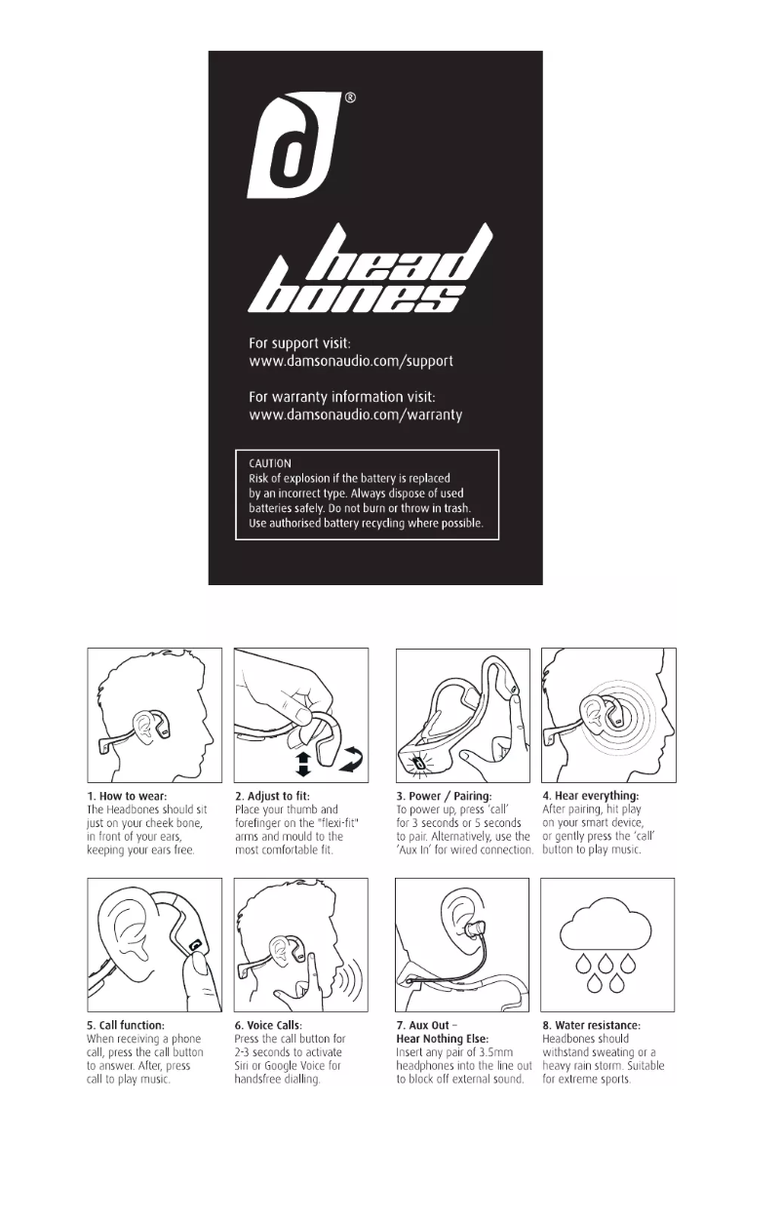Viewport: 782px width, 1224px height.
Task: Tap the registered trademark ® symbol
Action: pyautogui.click(x=350, y=98)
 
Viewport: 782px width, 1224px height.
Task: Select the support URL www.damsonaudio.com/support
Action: pyautogui.click(x=351, y=361)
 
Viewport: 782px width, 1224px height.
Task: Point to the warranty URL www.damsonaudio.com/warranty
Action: pyautogui.click(x=355, y=415)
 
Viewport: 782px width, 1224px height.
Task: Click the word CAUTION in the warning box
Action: pyautogui.click(x=270, y=464)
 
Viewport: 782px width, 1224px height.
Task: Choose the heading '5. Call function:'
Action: pyautogui.click(x=126, y=1026)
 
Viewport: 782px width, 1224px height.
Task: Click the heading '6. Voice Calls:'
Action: pyautogui.click(x=268, y=1026)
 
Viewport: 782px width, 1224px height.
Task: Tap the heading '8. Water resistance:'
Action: pyautogui.click(x=592, y=1026)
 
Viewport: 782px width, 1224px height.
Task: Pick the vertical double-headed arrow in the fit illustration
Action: pyautogui.click(x=302, y=763)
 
